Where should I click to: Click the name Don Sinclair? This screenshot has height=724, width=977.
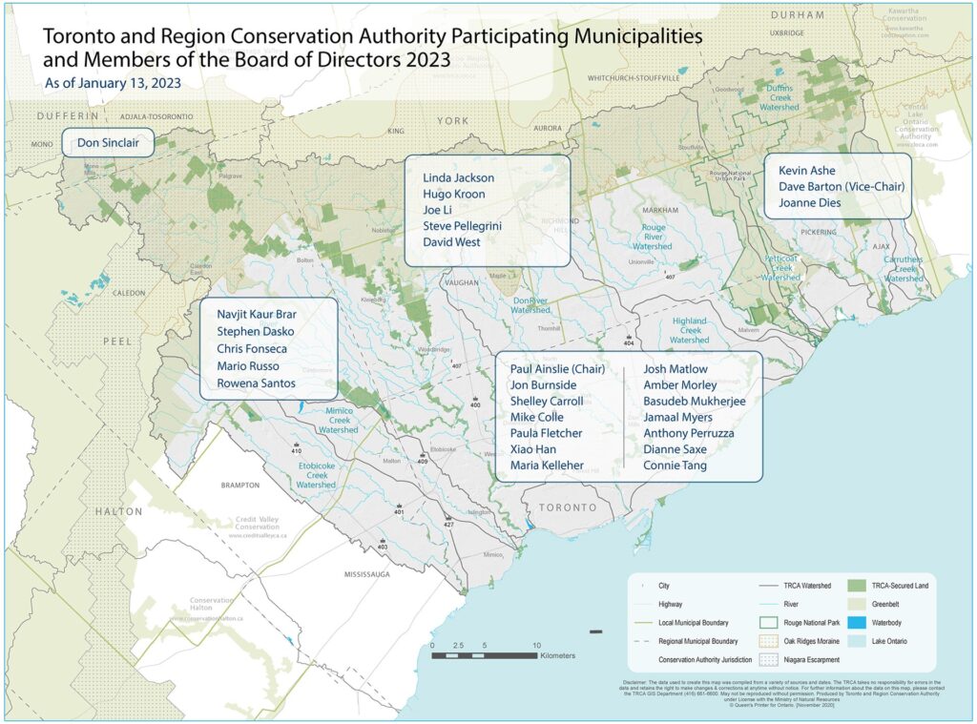click(108, 144)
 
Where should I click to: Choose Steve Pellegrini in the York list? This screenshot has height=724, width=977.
click(462, 226)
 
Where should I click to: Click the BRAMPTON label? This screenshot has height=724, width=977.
click(239, 485)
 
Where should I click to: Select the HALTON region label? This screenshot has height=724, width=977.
click(117, 512)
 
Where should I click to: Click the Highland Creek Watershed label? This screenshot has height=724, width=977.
click(689, 330)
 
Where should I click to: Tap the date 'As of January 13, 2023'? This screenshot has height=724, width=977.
click(113, 83)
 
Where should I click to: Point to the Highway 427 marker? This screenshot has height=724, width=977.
click(448, 525)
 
